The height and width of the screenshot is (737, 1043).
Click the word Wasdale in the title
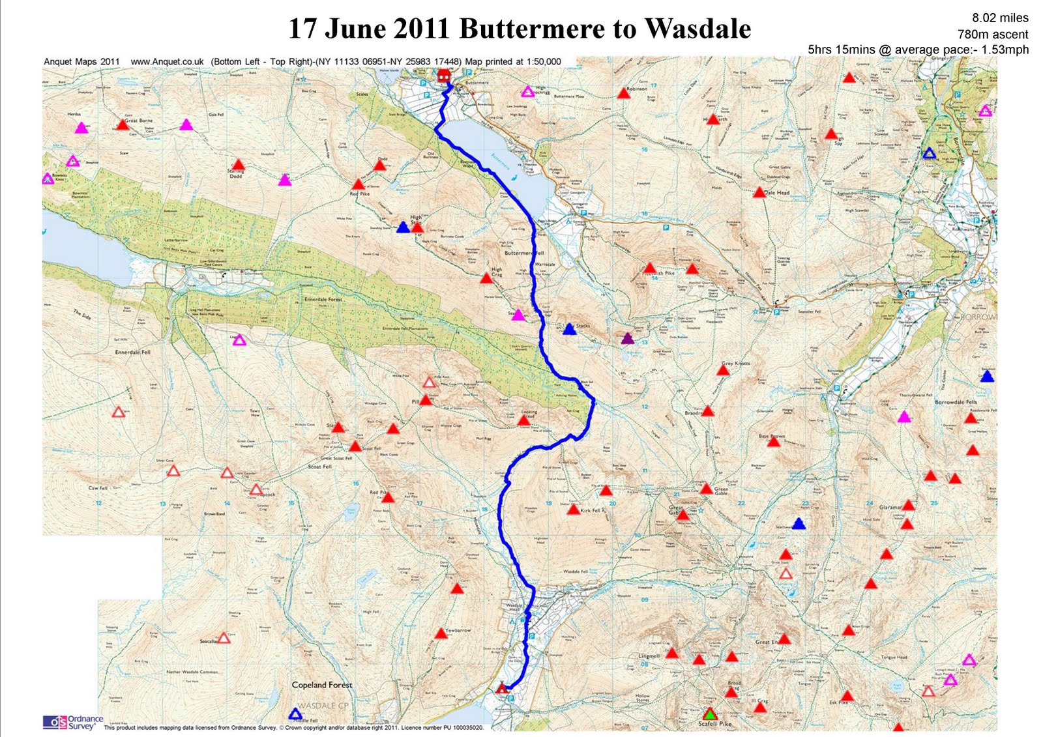coord(698,29)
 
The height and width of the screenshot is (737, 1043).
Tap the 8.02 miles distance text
coord(1000,18)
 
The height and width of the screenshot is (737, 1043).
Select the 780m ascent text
coord(992,34)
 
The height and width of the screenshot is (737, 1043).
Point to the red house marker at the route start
coord(445,77)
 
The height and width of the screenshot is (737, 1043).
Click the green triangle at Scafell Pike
coord(711,714)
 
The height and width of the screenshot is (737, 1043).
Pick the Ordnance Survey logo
coord(73,723)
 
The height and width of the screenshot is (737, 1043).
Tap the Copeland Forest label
coord(322,685)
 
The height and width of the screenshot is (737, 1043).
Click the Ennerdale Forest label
coord(323,299)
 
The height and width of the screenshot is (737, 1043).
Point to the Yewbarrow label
coord(458,630)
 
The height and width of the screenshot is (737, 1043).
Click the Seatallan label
coord(209,641)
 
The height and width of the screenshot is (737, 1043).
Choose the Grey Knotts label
coord(736,363)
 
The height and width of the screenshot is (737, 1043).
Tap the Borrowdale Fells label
coord(956,402)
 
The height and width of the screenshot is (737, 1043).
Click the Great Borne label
coord(139,121)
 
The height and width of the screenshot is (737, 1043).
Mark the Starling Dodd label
coord(235,173)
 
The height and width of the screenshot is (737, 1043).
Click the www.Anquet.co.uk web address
coord(167,62)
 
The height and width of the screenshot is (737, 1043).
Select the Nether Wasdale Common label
coord(192,671)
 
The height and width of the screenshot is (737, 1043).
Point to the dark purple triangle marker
coord(627,338)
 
